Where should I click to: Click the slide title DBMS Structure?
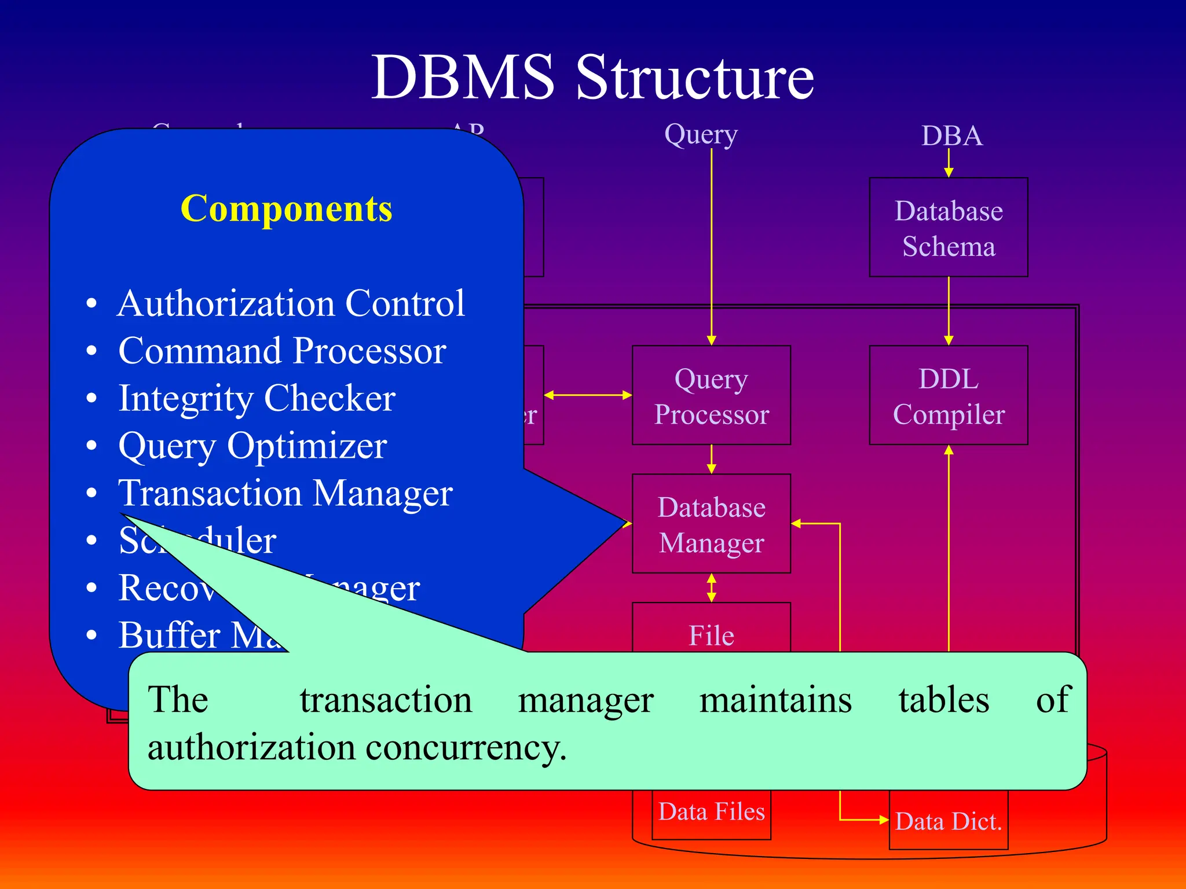592,77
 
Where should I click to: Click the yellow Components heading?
286,208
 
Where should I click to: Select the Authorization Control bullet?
291,303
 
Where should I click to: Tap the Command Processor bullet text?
282,351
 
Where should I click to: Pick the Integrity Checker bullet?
257,398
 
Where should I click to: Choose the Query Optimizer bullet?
252,446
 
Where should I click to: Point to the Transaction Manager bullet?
285,493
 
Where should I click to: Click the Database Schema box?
948,227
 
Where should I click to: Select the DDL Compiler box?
948,395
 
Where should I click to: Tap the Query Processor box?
711,395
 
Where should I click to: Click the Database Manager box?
711,524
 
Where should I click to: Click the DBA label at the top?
951,137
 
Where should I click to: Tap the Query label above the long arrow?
701,134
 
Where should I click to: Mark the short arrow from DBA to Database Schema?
949,163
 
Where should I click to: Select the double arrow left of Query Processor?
588,395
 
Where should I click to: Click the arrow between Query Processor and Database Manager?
712,460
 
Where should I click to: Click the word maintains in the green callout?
775,700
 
